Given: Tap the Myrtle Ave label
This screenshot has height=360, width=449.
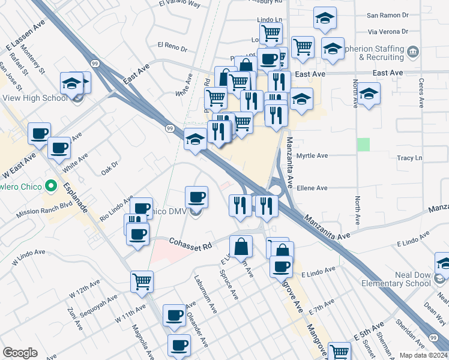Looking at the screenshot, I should [x=313, y=155].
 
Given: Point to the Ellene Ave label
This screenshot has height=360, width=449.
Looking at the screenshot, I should [x=313, y=188].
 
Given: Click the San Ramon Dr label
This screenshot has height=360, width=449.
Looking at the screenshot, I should [x=387, y=14].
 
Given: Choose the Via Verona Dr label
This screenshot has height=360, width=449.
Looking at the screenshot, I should [x=388, y=31].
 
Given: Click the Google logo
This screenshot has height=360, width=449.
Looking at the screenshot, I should [x=20, y=353].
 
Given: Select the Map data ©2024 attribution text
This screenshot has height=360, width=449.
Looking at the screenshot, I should [x=423, y=355].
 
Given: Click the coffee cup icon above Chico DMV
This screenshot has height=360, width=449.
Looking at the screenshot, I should [x=196, y=197].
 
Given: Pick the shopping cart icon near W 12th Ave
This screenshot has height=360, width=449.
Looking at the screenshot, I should [x=142, y=281].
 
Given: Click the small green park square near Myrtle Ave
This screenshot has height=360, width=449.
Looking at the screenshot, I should [x=363, y=145].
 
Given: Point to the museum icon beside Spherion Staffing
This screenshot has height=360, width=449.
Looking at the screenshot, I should [x=413, y=52].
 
